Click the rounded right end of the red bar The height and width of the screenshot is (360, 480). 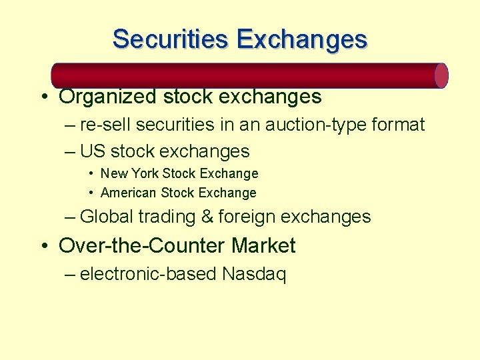pyautogui.click(x=441, y=75)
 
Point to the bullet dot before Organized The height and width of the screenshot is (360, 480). pyautogui.click(x=43, y=97)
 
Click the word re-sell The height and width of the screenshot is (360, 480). pyautogui.click(x=103, y=125)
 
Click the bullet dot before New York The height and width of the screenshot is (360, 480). pyautogui.click(x=91, y=174)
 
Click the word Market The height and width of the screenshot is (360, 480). pyautogui.click(x=263, y=245)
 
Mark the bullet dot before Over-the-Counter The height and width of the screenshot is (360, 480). pyautogui.click(x=43, y=246)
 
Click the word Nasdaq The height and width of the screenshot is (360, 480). pyautogui.click(x=255, y=274)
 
